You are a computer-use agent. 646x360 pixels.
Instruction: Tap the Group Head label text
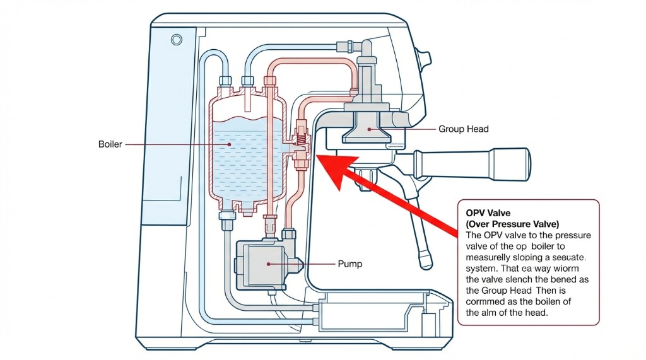pyautogui.click(x=463, y=129)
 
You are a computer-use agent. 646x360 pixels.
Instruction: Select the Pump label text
pyautogui.click(x=351, y=264)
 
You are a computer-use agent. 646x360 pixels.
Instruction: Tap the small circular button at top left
pyautogui.click(x=176, y=40)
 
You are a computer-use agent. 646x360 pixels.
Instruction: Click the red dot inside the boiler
pyautogui.click(x=230, y=144)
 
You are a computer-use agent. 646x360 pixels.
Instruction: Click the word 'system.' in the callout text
pyautogui.click(x=483, y=268)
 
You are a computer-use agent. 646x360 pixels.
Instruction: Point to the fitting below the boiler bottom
pyautogui.click(x=225, y=218)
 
